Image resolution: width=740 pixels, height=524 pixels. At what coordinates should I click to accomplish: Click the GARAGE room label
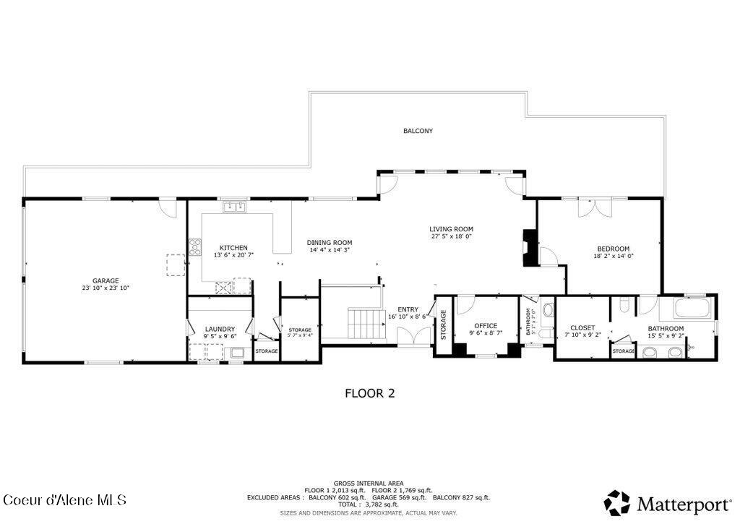click(x=106, y=280)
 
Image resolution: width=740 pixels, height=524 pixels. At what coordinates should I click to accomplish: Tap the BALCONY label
click(x=418, y=131)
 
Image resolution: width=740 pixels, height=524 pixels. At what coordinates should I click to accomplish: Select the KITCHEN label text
click(x=233, y=247)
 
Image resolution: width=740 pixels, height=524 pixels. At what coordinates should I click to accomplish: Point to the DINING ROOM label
click(x=329, y=242)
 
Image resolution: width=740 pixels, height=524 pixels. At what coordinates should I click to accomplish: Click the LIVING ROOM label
click(x=452, y=229)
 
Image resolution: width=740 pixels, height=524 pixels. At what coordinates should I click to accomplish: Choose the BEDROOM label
click(x=612, y=248)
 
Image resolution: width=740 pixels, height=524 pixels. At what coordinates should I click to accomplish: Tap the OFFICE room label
click(x=485, y=325)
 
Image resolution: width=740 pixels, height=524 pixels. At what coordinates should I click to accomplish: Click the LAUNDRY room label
click(x=220, y=329)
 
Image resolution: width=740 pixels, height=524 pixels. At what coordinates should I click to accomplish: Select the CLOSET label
click(x=582, y=327)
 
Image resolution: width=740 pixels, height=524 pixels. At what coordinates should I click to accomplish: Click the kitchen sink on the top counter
click(x=234, y=207)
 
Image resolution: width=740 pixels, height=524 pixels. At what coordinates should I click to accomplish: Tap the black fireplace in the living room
click(x=530, y=248)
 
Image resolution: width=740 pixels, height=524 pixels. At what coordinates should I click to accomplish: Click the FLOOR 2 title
click(x=369, y=393)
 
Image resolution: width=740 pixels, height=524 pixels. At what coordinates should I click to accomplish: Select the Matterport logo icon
click(x=616, y=502)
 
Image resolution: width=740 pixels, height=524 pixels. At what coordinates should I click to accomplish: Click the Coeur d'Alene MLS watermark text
click(x=65, y=500)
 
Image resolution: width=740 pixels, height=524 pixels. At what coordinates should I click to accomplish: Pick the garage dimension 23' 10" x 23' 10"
click(x=106, y=288)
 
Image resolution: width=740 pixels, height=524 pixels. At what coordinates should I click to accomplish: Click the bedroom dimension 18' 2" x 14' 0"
click(x=612, y=255)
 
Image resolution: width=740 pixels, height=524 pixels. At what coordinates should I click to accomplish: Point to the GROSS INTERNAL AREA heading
click(x=369, y=483)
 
